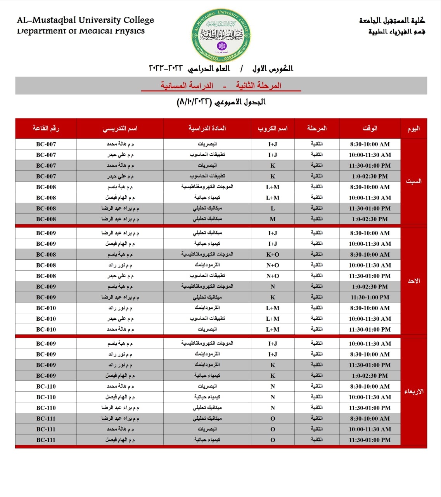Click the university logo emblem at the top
[221, 36]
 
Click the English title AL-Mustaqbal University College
[85, 20]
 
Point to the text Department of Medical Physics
[81, 31]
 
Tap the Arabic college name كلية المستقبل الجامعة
[392, 20]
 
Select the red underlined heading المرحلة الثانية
[259, 85]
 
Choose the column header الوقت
[370, 128]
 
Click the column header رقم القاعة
[46, 128]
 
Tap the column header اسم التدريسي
[120, 128]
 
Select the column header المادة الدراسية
[207, 128]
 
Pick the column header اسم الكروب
[273, 128]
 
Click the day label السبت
[413, 181]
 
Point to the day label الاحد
[413, 281]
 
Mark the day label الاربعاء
[413, 391]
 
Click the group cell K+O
[273, 255]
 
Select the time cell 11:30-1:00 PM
[370, 297]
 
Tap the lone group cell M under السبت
[273, 219]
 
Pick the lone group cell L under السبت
[273, 209]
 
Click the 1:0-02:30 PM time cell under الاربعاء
[370, 376]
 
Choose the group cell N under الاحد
[273, 287]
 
